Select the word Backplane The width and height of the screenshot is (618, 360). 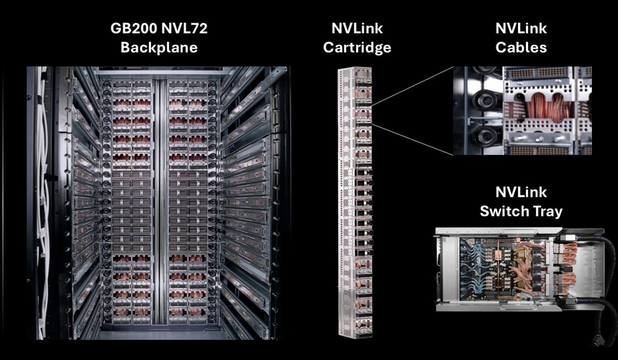[x=159, y=47]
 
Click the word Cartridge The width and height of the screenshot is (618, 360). [x=357, y=47]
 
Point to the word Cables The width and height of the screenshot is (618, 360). [x=521, y=47]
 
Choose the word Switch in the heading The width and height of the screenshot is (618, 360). [x=507, y=211]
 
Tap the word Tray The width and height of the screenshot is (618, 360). [x=549, y=211]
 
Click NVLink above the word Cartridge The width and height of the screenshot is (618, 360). [x=357, y=29]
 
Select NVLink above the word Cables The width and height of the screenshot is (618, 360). [x=521, y=29]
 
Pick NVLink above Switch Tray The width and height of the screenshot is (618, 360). [x=521, y=193]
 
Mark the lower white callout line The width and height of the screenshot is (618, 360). [x=414, y=139]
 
